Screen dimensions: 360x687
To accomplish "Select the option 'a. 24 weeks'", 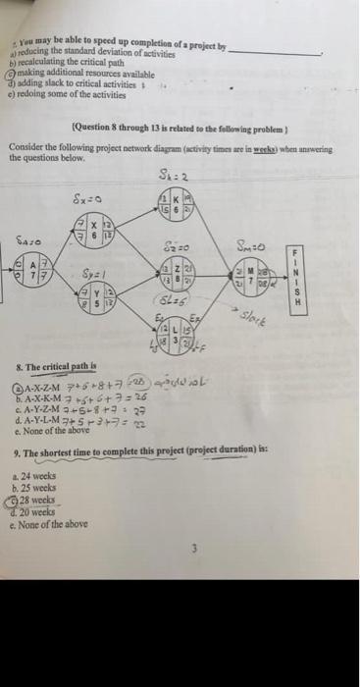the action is [x=42, y=478].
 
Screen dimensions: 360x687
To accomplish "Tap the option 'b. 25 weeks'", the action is [x=42, y=488].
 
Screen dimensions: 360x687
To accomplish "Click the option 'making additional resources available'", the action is [x=75, y=72].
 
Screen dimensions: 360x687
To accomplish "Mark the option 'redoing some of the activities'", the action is [x=64, y=92].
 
